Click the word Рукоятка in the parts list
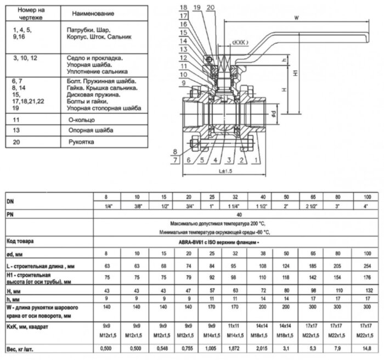(x=81, y=141)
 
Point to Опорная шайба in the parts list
(x=88, y=130)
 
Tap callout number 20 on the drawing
(x=211, y=7)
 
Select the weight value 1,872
(x=236, y=347)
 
